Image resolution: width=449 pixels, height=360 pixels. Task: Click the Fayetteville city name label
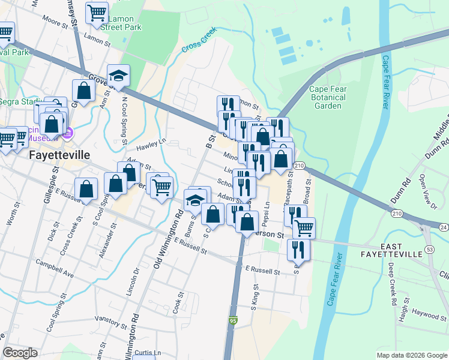click(x=60, y=154)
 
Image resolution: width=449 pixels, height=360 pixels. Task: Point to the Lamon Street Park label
click(x=121, y=23)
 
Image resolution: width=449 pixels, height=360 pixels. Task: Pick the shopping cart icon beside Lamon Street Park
click(x=96, y=12)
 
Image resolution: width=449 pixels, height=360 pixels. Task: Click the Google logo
click(x=20, y=353)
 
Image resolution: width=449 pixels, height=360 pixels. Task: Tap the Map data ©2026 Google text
click(x=411, y=355)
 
